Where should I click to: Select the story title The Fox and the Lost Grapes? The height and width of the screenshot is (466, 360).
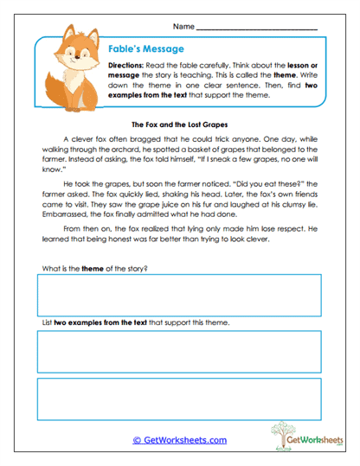pyautogui.click(x=180, y=124)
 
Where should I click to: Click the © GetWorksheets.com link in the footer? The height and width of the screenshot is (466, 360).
pyautogui.click(x=180, y=440)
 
